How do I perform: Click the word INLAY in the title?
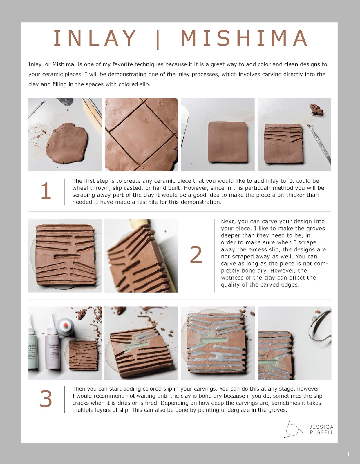pos(95,38)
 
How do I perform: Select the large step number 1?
pos(46,191)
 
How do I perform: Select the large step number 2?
pos(196,255)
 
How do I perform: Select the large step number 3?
pos(46,399)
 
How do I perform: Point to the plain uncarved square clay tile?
pos(228,142)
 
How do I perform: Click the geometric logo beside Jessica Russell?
pos(293,428)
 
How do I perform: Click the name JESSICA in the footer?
pos(321,427)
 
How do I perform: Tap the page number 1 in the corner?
pos(348,454)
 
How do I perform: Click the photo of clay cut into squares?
pos(141,134)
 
